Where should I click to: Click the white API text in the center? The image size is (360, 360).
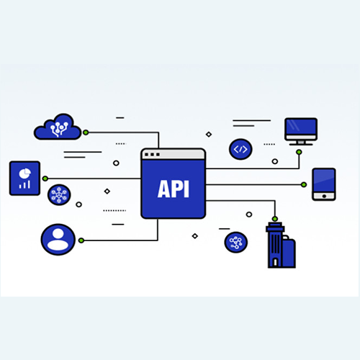(x=174, y=189)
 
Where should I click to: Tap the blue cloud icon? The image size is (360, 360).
(x=58, y=127)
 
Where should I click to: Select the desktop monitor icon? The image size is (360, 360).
(x=301, y=132)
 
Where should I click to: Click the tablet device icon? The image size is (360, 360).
(x=324, y=184)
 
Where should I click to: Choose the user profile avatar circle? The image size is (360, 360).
(x=58, y=240)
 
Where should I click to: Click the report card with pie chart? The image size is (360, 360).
(x=24, y=178)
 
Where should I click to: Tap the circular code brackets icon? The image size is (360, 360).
(x=240, y=149)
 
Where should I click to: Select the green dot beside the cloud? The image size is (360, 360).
(x=86, y=132)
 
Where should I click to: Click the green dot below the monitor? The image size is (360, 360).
(x=299, y=152)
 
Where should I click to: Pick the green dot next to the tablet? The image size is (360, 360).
(x=304, y=184)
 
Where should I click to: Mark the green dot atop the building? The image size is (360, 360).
(x=275, y=219)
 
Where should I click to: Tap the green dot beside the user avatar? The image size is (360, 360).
(x=81, y=240)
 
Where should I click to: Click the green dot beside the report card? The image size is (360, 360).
(x=45, y=179)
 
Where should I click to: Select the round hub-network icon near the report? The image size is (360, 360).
(x=59, y=194)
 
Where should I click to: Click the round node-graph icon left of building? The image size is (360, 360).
(x=236, y=243)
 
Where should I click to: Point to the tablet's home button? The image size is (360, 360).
(x=324, y=196)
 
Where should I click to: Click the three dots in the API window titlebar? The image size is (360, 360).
(x=152, y=154)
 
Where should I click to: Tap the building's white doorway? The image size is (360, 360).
(x=276, y=262)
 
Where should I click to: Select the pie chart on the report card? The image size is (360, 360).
(x=25, y=174)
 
